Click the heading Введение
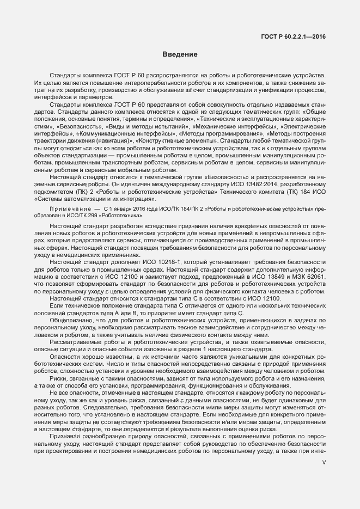pos(179,54)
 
